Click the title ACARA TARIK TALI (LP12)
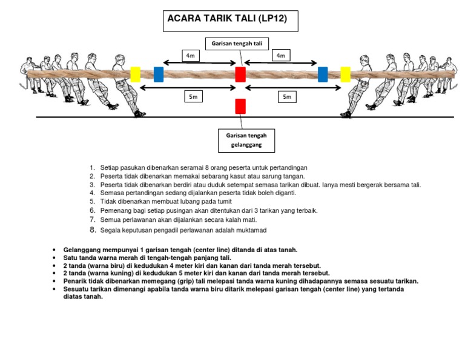pos(226,19)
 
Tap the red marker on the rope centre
pos(240,75)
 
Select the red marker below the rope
pos(240,106)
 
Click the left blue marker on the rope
pos(159,74)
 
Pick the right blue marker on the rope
pos(323,74)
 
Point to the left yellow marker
pos(135,74)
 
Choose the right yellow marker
pos(345,74)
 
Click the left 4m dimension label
pos(191,56)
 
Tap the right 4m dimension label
pos(280,56)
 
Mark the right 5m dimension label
pos(286,96)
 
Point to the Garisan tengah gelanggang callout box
pos(246,141)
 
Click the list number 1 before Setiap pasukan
pos(92,167)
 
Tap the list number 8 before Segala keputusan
pos(92,230)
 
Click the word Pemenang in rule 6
pos(115,210)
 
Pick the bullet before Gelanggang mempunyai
pos(55,250)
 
